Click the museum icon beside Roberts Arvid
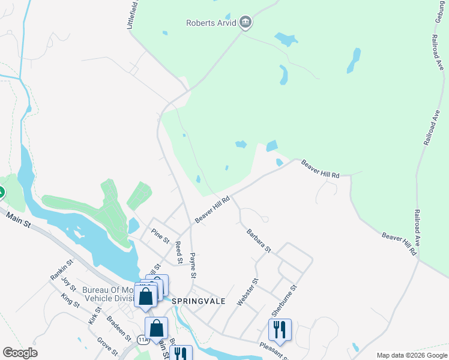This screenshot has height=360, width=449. coord(245,23)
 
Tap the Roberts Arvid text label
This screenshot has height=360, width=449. coord(211,24)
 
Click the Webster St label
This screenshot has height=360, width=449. coord(247,292)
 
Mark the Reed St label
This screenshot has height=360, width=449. coord(178,252)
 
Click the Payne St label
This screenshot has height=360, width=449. coord(193,266)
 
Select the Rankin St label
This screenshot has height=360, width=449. coord(61,269)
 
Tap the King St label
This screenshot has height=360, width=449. coord(70,300)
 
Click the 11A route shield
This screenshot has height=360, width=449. coord(142,339)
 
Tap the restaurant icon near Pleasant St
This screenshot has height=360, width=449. coord(280,329)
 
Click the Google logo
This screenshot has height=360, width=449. coord(20,353)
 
